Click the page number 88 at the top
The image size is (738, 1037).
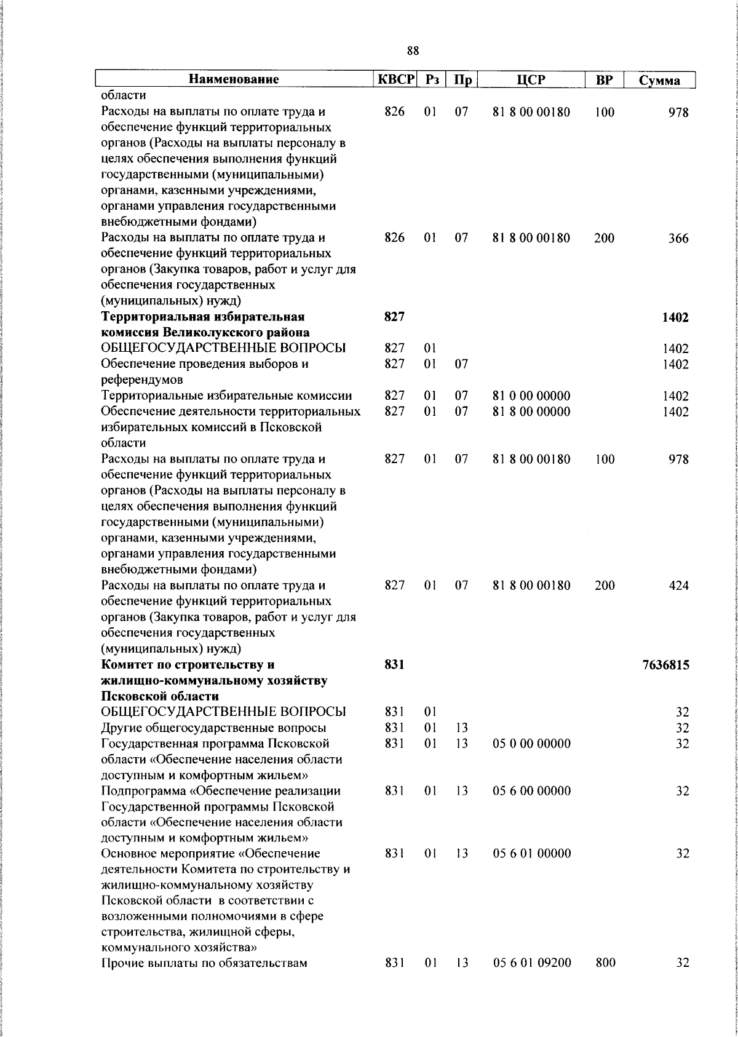413,51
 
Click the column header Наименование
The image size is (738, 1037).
234,79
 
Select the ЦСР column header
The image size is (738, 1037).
531,79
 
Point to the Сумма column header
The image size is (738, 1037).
659,81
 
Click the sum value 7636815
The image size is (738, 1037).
666,665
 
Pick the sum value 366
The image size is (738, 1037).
678,239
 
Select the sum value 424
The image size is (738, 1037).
678,586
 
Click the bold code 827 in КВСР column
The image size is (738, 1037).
394,317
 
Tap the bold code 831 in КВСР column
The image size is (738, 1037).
394,665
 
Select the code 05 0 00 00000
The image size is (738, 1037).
531,744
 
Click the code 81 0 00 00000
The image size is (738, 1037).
531,396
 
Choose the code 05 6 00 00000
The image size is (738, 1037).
531,791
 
